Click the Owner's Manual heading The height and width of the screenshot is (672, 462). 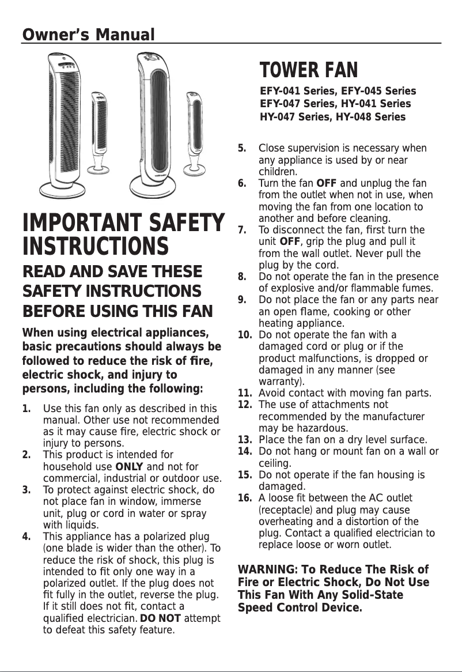pos(88,35)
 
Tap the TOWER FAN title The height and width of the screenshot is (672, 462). pos(309,70)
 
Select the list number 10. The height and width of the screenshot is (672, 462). pos(245,335)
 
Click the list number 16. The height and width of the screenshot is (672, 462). pos(245,498)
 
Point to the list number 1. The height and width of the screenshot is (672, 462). pos(26,409)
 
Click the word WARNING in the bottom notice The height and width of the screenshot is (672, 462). pos(266,570)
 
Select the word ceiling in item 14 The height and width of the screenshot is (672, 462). pos(275,463)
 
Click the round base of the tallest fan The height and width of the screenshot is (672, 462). pos(153,185)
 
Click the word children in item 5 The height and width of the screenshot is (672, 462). pos(278,172)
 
